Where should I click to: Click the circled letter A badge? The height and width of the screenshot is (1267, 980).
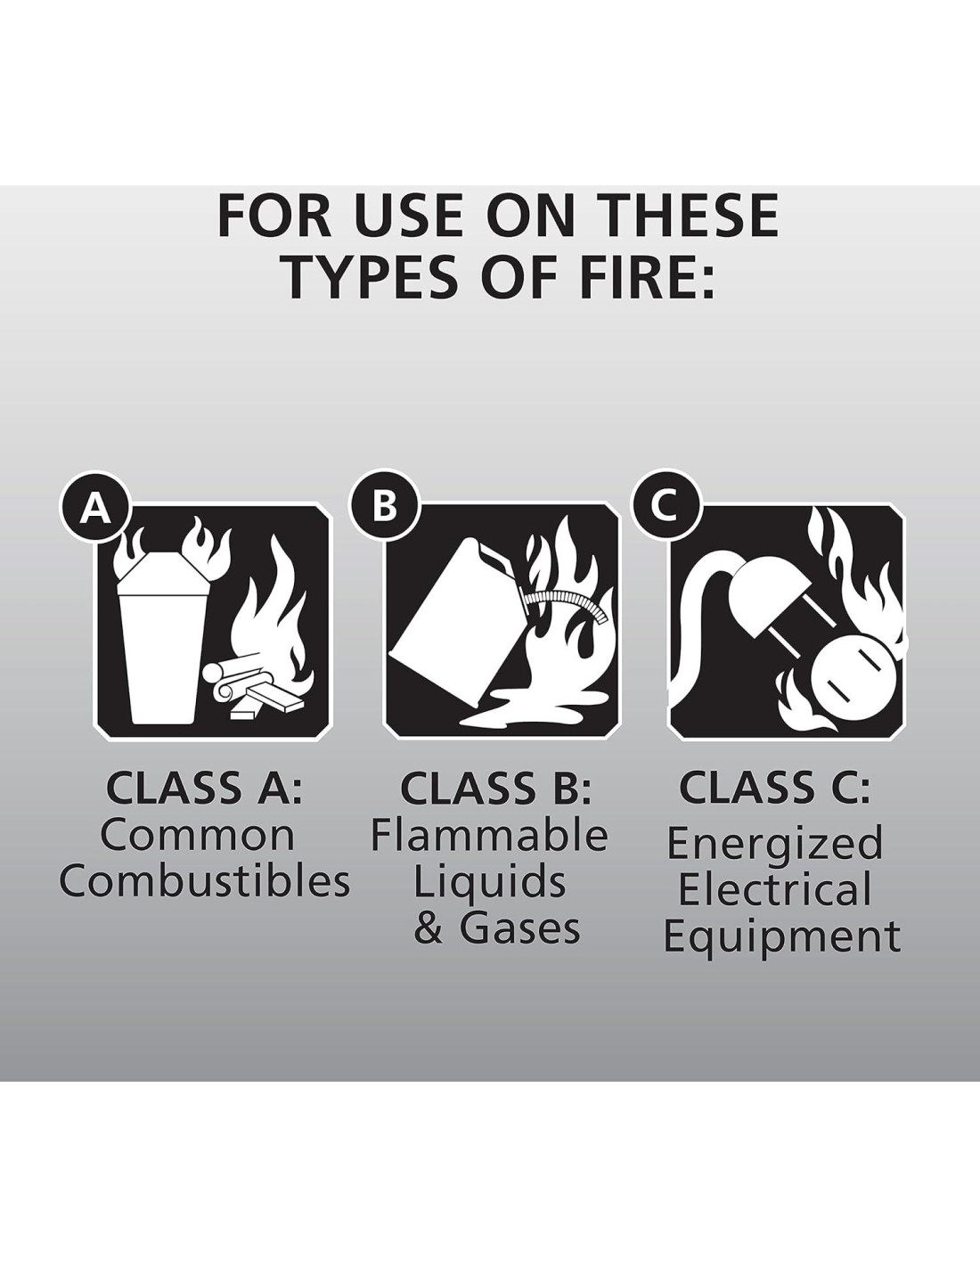pos(95,509)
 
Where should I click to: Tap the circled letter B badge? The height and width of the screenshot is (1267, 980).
pos(383,507)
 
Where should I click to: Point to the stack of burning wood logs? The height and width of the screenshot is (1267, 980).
pos(257,688)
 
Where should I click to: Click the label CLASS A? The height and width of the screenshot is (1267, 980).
pos(205,787)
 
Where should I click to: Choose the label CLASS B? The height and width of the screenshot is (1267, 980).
pos(496,787)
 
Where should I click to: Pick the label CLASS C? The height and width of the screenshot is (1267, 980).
pos(775,786)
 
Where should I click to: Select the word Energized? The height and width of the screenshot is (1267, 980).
pos(775,845)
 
